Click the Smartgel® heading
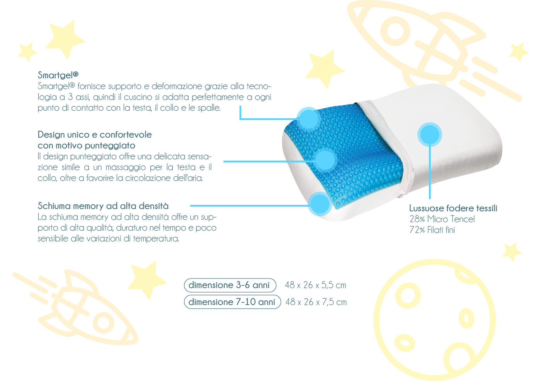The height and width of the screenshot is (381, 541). pos(58,75)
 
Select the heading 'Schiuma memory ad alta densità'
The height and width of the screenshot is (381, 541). pos(103,206)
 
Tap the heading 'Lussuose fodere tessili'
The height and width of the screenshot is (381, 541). pos(453,208)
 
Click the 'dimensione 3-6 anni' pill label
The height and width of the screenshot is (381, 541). pos(229,285)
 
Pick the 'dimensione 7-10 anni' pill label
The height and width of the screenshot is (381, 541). pos(232,302)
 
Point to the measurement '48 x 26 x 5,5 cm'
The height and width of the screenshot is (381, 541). pos(315,285)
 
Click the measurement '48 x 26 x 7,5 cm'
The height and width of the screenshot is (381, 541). pos(316,302)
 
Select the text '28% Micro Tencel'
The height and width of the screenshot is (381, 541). pos(442,219)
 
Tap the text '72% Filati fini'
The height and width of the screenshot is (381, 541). pos(432,230)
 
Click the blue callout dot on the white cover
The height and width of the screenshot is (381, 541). pos(430,135)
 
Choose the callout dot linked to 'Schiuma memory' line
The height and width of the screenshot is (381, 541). pos(320,204)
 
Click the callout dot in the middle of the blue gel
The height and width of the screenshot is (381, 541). pos(325,160)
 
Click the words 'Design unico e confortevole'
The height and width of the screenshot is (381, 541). pos(95,135)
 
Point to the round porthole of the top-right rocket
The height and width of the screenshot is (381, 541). pos(395,31)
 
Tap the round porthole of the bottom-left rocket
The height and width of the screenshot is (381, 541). pos(104,323)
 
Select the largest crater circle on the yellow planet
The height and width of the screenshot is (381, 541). pos(408,295)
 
